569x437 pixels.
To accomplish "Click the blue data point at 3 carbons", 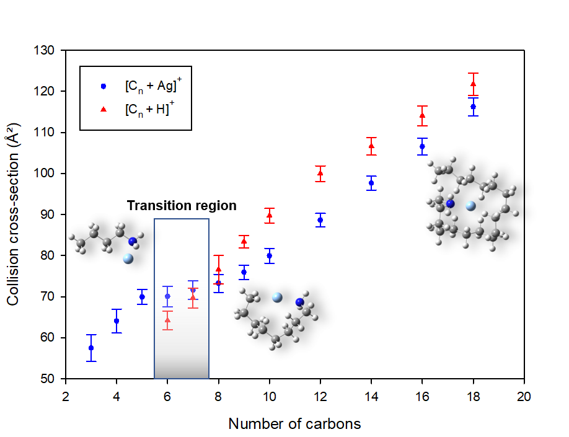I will pos(91,348).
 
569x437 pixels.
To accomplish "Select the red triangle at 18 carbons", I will pos(473,84).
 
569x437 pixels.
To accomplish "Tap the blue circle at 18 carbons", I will pos(473,107).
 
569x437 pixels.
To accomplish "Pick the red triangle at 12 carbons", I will pos(320,173).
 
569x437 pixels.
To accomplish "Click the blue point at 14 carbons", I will pos(371,183).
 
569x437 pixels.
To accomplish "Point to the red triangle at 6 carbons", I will pos(167,320).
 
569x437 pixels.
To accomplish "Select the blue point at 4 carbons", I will pos(117,321).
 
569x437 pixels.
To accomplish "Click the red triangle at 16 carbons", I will pos(422,115).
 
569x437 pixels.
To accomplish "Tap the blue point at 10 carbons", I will pos(269,255).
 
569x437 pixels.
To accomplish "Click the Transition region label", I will pos(182,206).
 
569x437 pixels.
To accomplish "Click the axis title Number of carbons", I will pos(294,424).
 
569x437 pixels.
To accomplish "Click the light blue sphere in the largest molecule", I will pos(471,206).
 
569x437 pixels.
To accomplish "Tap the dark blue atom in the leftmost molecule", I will pos(133,241).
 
